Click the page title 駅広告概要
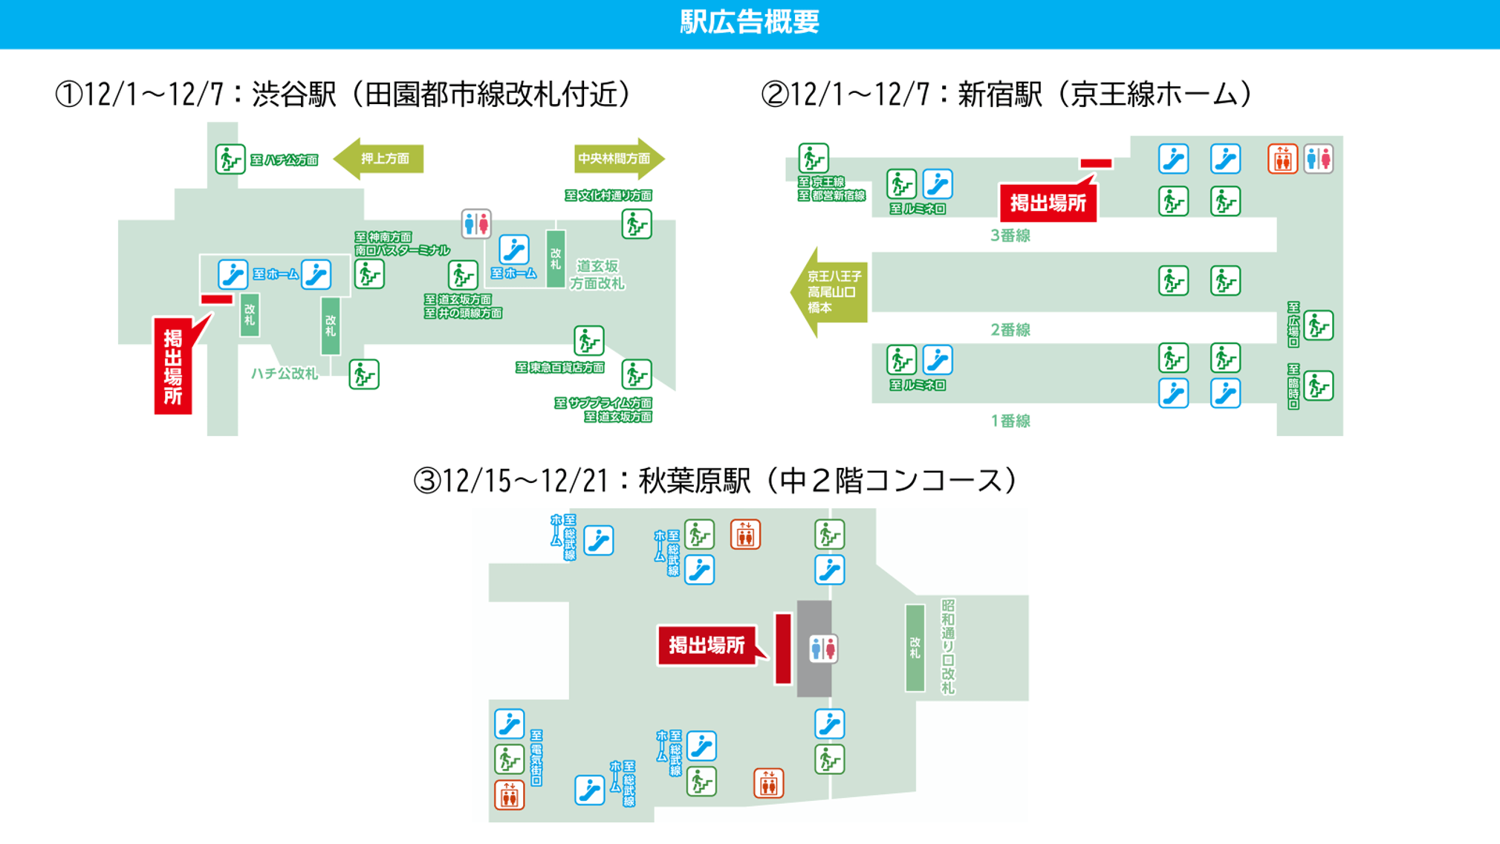click(749, 22)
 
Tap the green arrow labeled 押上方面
click(380, 159)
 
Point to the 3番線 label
click(1010, 236)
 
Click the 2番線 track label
click(1010, 330)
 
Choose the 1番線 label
click(1010, 421)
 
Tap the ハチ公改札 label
click(284, 374)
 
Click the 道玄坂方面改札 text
click(597, 274)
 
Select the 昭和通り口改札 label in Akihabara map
click(948, 646)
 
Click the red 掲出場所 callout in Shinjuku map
click(1048, 203)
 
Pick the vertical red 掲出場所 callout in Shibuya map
click(173, 366)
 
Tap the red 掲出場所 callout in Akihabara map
click(706, 645)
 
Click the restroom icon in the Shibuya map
click(475, 223)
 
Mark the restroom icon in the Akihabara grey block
click(822, 649)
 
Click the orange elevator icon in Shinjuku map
click(1282, 159)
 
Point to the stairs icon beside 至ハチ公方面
click(230, 159)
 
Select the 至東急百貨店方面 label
click(560, 368)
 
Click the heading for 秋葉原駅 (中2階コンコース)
click(715, 481)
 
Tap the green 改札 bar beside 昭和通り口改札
click(915, 648)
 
